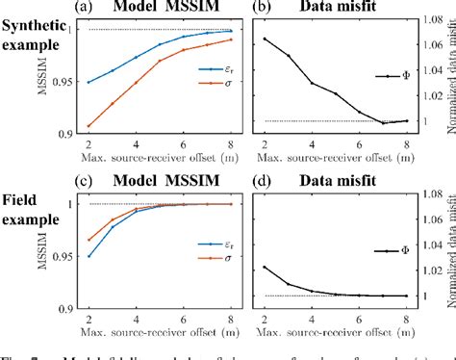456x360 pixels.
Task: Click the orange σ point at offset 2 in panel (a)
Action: pos(89,126)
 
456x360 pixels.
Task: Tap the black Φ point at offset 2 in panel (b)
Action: pos(265,39)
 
